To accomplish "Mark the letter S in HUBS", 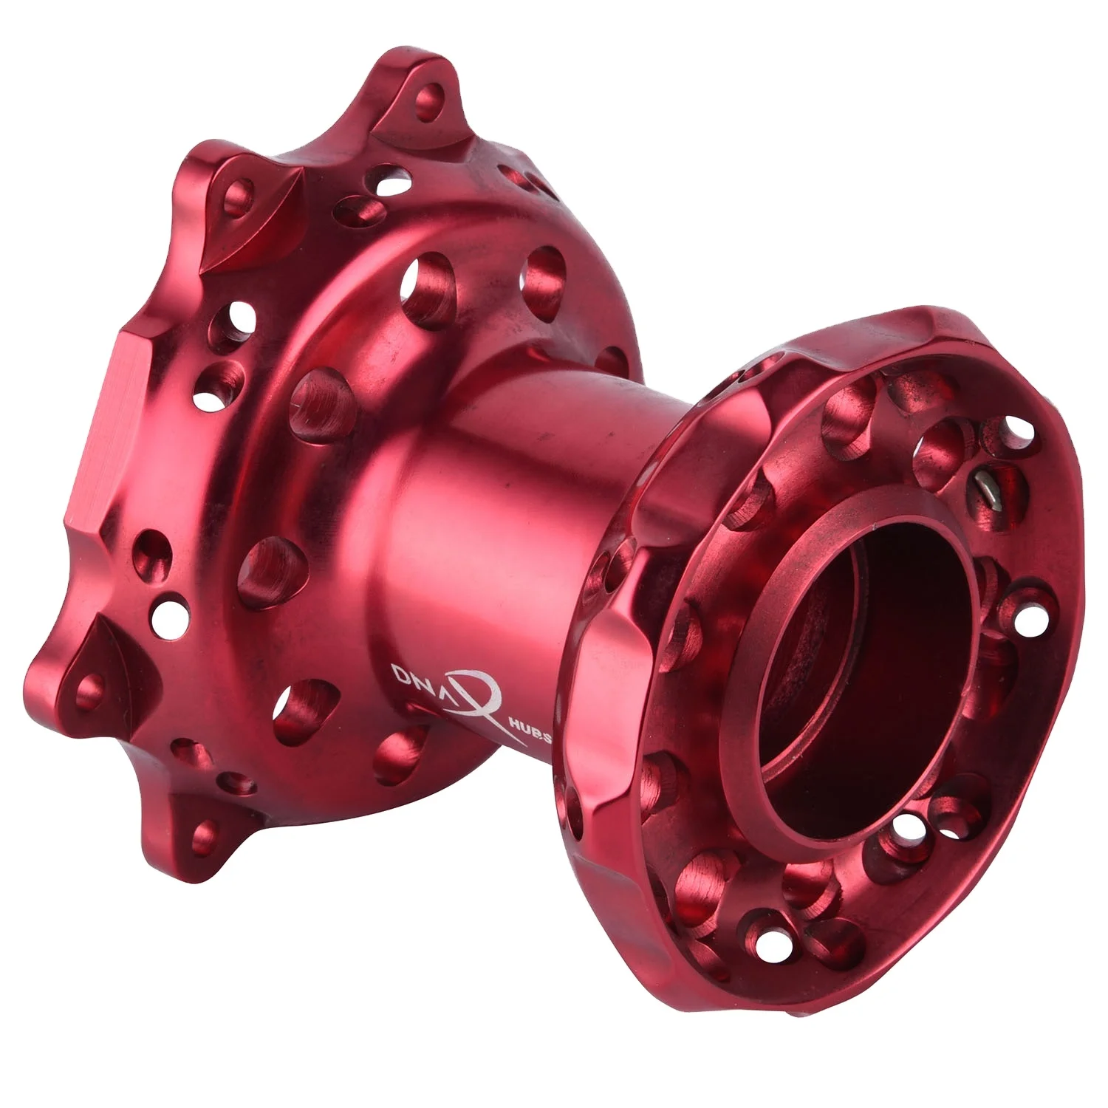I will pyautogui.click(x=550, y=741).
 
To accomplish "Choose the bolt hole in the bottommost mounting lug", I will pyautogui.click(x=202, y=835).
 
